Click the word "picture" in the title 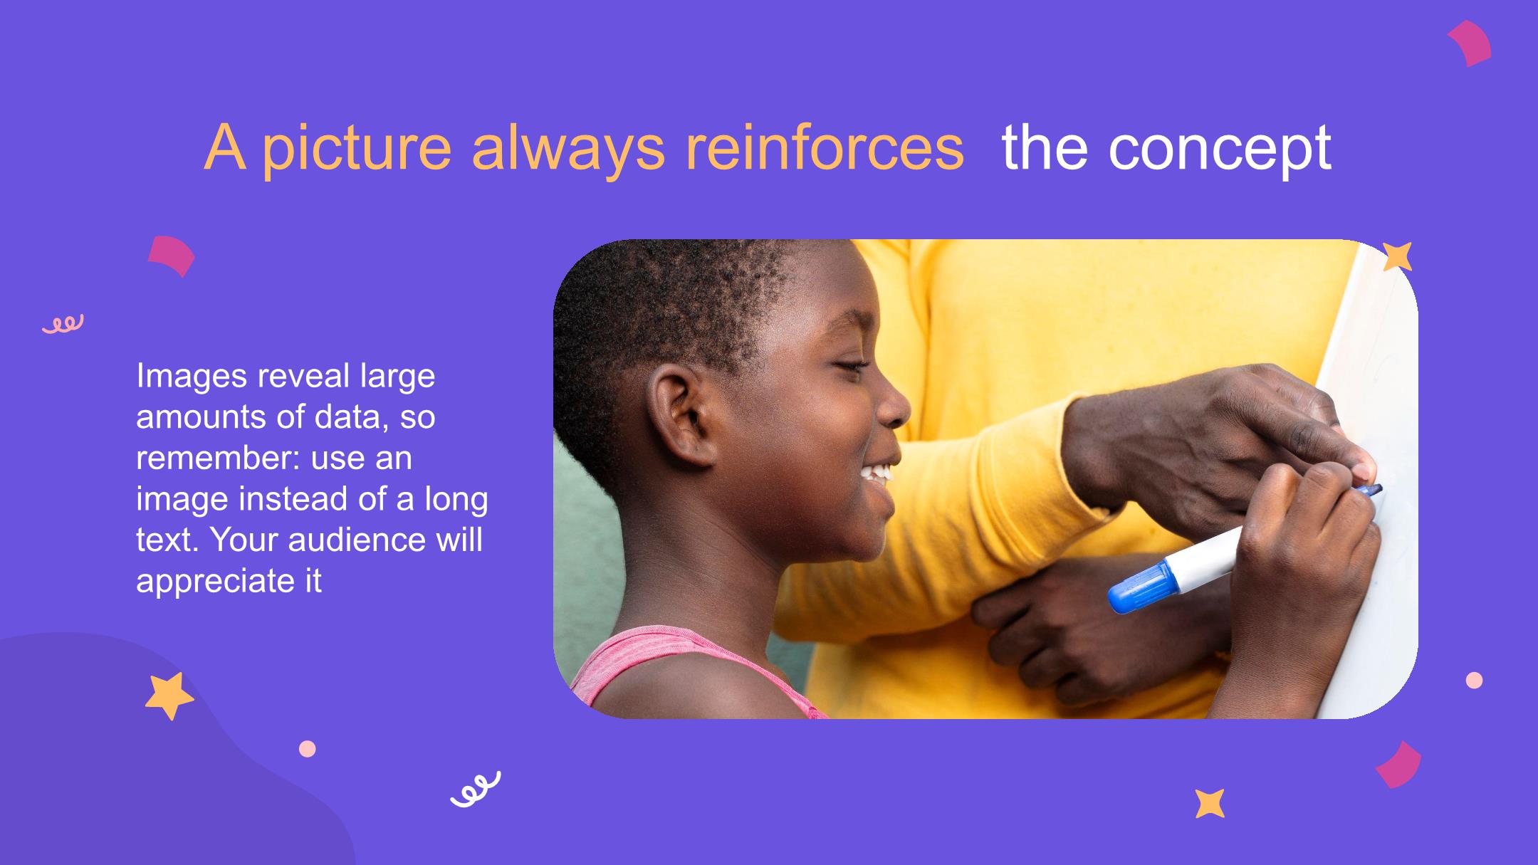(x=357, y=149)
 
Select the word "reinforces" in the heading (x=824, y=147)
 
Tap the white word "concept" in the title (x=1219, y=149)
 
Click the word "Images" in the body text (x=192, y=377)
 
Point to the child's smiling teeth (x=876, y=473)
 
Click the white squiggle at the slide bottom (x=475, y=789)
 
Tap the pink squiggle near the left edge (x=63, y=324)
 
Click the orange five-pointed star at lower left (x=169, y=696)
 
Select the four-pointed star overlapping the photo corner (x=1397, y=257)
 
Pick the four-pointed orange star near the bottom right (x=1210, y=803)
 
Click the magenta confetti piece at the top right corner (x=1470, y=43)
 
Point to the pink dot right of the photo (x=1474, y=681)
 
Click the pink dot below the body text (x=307, y=749)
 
